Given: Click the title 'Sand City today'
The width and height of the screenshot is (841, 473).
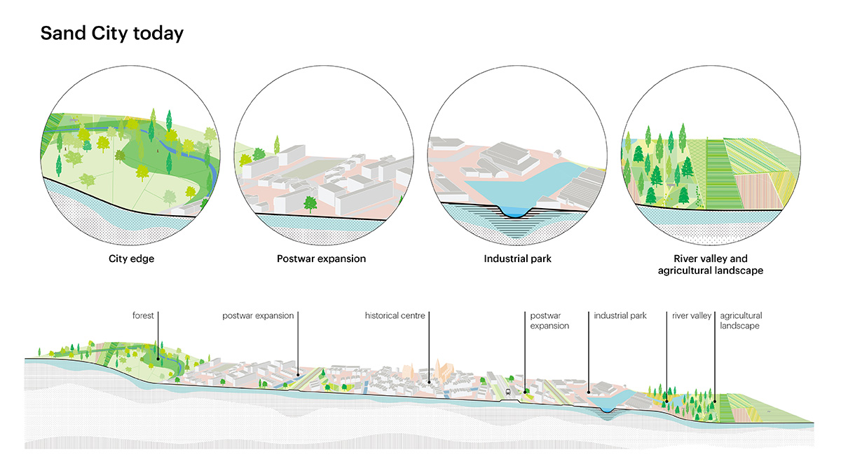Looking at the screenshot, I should point(111,33).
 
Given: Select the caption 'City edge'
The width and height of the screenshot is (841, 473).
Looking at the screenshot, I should point(131,259).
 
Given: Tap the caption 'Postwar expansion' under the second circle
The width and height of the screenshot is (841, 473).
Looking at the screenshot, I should point(321,259).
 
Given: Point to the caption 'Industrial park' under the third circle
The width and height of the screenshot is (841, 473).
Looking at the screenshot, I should point(517,259).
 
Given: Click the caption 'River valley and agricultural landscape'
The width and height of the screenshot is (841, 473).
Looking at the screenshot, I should point(711,264).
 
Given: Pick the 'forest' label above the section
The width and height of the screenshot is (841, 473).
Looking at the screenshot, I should point(143,316).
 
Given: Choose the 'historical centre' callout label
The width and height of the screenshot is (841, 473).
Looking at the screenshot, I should point(395,316).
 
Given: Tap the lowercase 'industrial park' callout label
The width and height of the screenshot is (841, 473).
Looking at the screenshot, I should point(620,316).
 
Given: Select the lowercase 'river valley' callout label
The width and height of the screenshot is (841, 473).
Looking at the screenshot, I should point(691,316).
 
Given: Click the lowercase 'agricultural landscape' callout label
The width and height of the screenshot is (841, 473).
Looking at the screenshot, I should point(740,321).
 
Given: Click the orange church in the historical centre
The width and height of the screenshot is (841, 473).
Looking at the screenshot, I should point(440,369).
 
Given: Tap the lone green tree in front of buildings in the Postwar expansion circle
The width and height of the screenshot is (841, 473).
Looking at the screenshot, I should point(309,204).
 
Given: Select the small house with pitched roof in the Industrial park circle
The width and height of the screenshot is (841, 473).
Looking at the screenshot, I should point(558,153).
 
